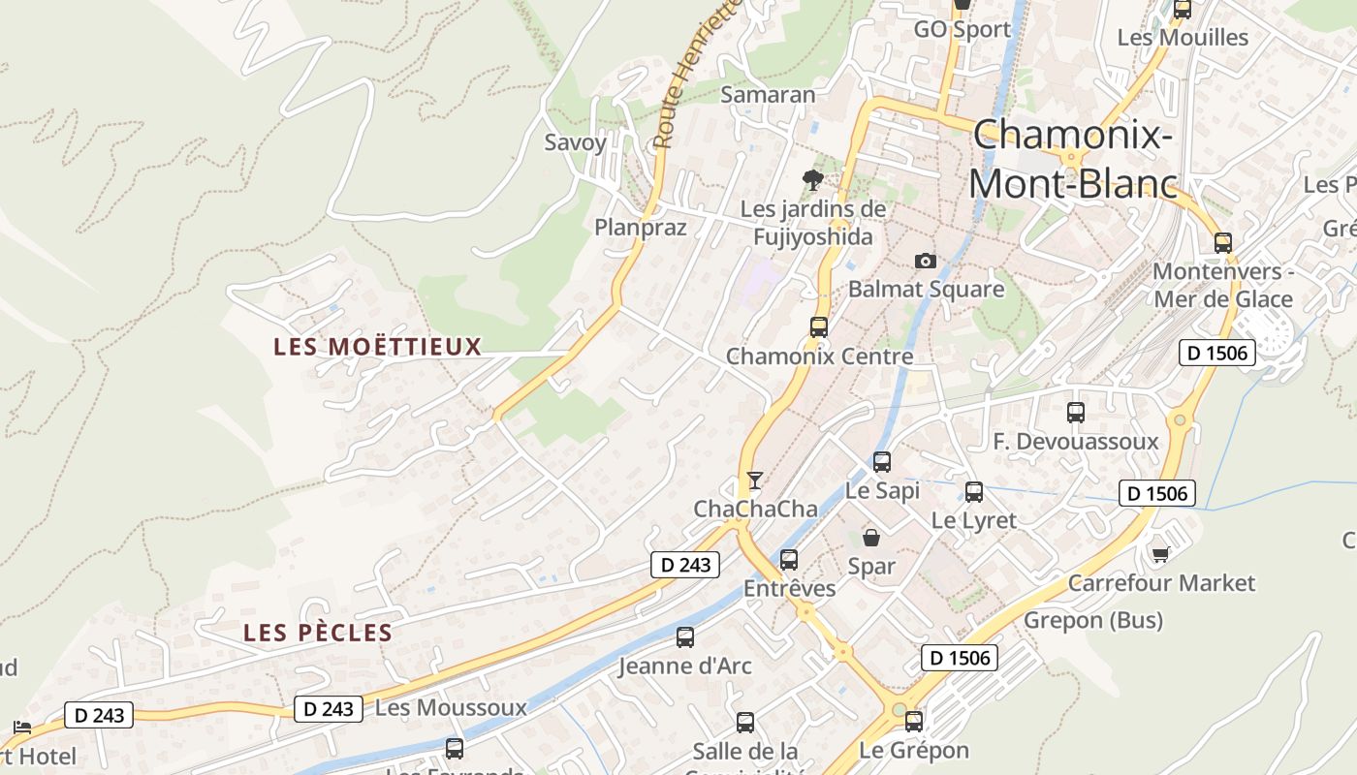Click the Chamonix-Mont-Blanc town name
(x=1073, y=159)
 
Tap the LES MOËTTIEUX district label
(x=377, y=347)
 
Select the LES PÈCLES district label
(x=318, y=634)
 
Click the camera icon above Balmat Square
(x=926, y=261)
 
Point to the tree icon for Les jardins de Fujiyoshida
(x=812, y=179)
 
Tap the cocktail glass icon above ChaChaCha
(x=754, y=480)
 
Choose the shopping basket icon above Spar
(x=871, y=538)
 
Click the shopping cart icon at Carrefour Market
(x=1160, y=554)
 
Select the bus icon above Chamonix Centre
(x=819, y=327)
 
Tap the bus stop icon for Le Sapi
(x=881, y=462)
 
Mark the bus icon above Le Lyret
(x=974, y=492)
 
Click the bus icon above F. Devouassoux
(x=1075, y=413)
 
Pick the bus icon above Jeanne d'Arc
(x=685, y=637)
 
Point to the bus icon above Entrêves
(x=789, y=560)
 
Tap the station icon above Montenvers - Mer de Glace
(x=1223, y=243)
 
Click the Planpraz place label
(x=640, y=228)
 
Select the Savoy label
(x=575, y=142)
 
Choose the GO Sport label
(x=962, y=30)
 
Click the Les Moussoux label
(x=451, y=708)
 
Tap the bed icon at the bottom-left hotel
(x=22, y=728)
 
